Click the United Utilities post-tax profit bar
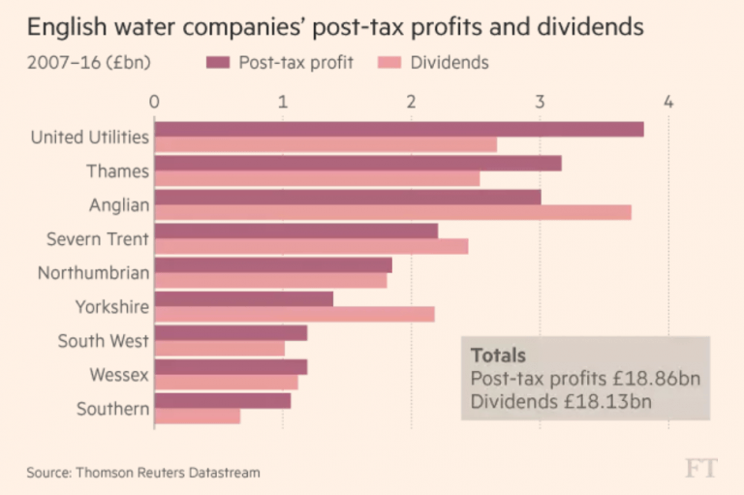[x=398, y=129]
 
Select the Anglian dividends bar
[x=392, y=212]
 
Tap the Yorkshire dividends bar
[x=294, y=314]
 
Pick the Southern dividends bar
[x=197, y=416]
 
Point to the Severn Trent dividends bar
[x=311, y=246]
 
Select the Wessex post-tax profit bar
[x=231, y=367]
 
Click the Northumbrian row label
[x=93, y=272]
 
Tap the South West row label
[x=103, y=340]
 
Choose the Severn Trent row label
[x=98, y=238]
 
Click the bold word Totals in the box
[x=498, y=356]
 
